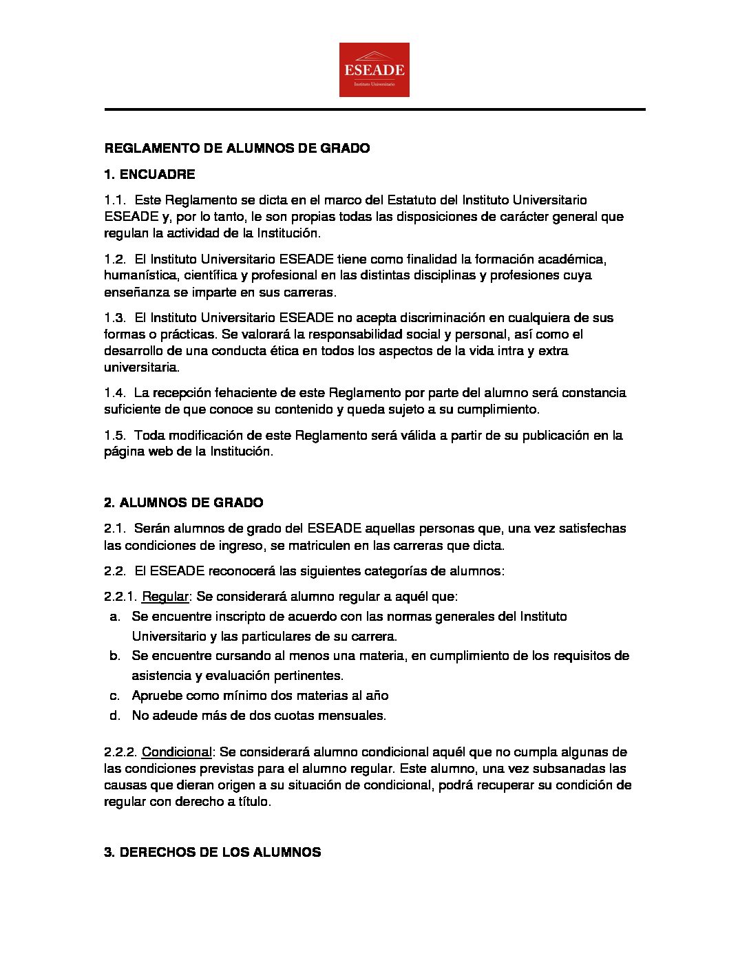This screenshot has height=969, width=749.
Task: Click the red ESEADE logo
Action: pos(374,70)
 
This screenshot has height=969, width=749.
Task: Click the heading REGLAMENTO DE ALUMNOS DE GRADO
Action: pos(237,148)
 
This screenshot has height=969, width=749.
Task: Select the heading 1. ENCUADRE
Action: pos(149,174)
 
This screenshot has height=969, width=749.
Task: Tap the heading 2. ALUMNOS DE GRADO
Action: pos(183,502)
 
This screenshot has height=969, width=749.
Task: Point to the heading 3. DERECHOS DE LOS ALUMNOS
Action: pos(212,852)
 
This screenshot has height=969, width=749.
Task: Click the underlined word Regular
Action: pos(165,596)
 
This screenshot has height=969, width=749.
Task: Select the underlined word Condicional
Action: pos(176,752)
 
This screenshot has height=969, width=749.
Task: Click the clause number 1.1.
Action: pos(115,200)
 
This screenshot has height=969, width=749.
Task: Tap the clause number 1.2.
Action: pos(115,259)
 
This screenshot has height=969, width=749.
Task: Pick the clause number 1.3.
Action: pos(115,318)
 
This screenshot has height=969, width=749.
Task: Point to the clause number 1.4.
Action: pos(115,393)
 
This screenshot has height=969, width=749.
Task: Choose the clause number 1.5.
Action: pos(115,436)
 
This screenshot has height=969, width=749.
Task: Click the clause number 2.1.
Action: pos(115,529)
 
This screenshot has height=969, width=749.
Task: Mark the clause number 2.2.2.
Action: pos(120,752)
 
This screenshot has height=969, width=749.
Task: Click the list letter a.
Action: pos(115,617)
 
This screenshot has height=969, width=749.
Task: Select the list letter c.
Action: pos(115,696)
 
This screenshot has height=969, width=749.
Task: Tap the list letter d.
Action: pos(115,716)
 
